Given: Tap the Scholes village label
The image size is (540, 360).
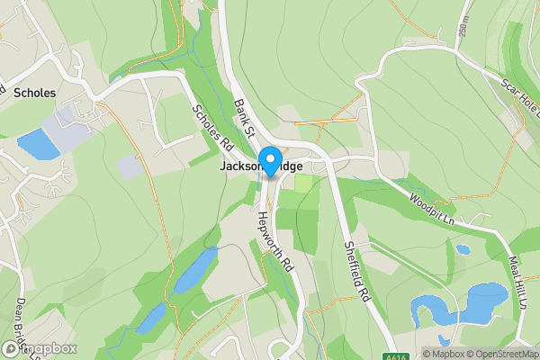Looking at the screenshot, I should click(x=35, y=93).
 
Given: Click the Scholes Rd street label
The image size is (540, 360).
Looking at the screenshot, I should click(x=212, y=126).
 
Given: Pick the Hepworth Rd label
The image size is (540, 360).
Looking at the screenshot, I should click(x=275, y=242).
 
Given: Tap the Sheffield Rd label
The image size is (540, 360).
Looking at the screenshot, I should click(x=357, y=271).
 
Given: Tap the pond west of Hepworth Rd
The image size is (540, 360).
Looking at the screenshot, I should click(x=196, y=269).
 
